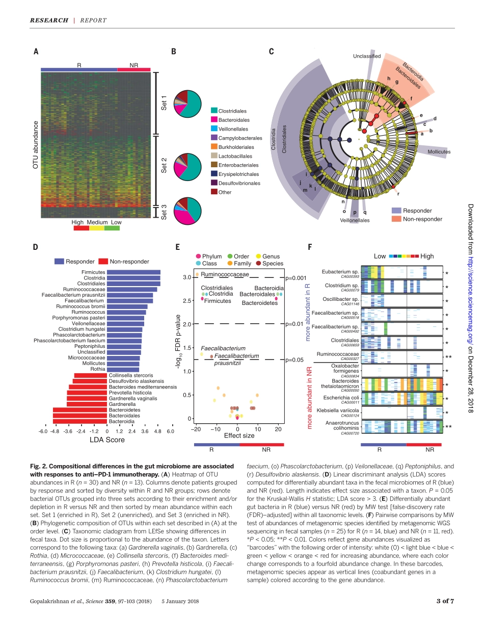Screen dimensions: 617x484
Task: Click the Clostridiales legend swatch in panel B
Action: coord(214,111)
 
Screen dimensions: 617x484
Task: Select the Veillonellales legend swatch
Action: coord(214,129)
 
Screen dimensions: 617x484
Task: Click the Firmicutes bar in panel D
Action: coord(133,272)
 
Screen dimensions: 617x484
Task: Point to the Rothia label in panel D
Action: coord(97,369)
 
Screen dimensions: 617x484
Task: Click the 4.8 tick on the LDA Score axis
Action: coord(157,431)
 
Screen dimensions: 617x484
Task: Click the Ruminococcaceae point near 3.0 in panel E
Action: coord(197,275)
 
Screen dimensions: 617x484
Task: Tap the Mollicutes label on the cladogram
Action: coord(439,151)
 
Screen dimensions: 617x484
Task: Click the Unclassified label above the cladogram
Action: coord(367,56)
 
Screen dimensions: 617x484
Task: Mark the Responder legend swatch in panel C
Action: coord(396,211)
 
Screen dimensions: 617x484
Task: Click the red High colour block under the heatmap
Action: coord(81,228)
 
